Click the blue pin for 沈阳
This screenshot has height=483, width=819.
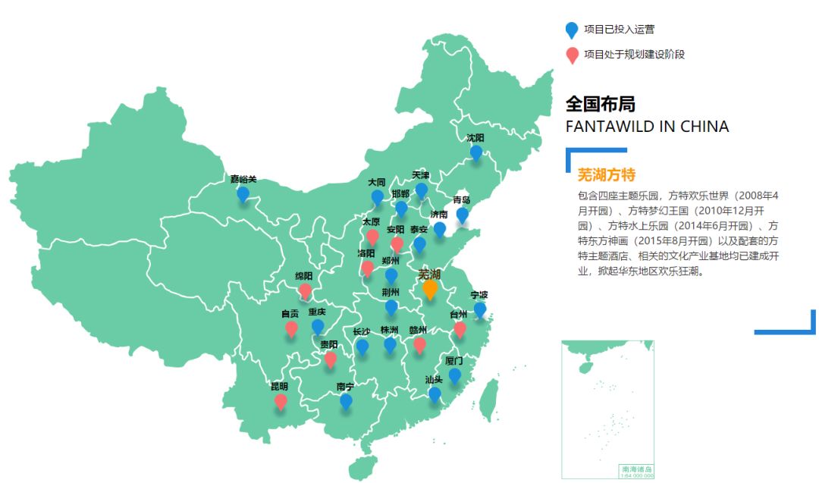coord(475,152)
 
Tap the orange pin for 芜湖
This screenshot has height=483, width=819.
coord(430,289)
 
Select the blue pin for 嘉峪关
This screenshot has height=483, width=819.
coord(243,194)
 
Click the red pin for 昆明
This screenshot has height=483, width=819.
coord(281,401)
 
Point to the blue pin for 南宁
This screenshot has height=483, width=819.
coord(346,401)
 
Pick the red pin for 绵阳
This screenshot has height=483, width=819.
coord(305,290)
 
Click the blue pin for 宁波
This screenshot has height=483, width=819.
coord(479,309)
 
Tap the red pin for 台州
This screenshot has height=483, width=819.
coord(460,329)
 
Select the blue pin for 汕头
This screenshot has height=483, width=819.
coord(435,394)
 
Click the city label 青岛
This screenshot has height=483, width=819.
coord(462,200)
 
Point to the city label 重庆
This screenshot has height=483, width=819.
coord(317,312)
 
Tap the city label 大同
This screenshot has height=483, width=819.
coord(377,183)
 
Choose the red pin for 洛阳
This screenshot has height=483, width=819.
coord(368,268)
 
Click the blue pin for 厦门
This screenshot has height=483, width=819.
coord(454,375)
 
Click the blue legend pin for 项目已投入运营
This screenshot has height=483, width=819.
coord(572,30)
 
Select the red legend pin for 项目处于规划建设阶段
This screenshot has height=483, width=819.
coord(572,55)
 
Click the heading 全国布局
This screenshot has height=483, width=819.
coord(601,104)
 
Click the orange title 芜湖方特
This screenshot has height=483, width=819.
coord(607,175)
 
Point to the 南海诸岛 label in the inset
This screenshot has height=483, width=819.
coord(636,469)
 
